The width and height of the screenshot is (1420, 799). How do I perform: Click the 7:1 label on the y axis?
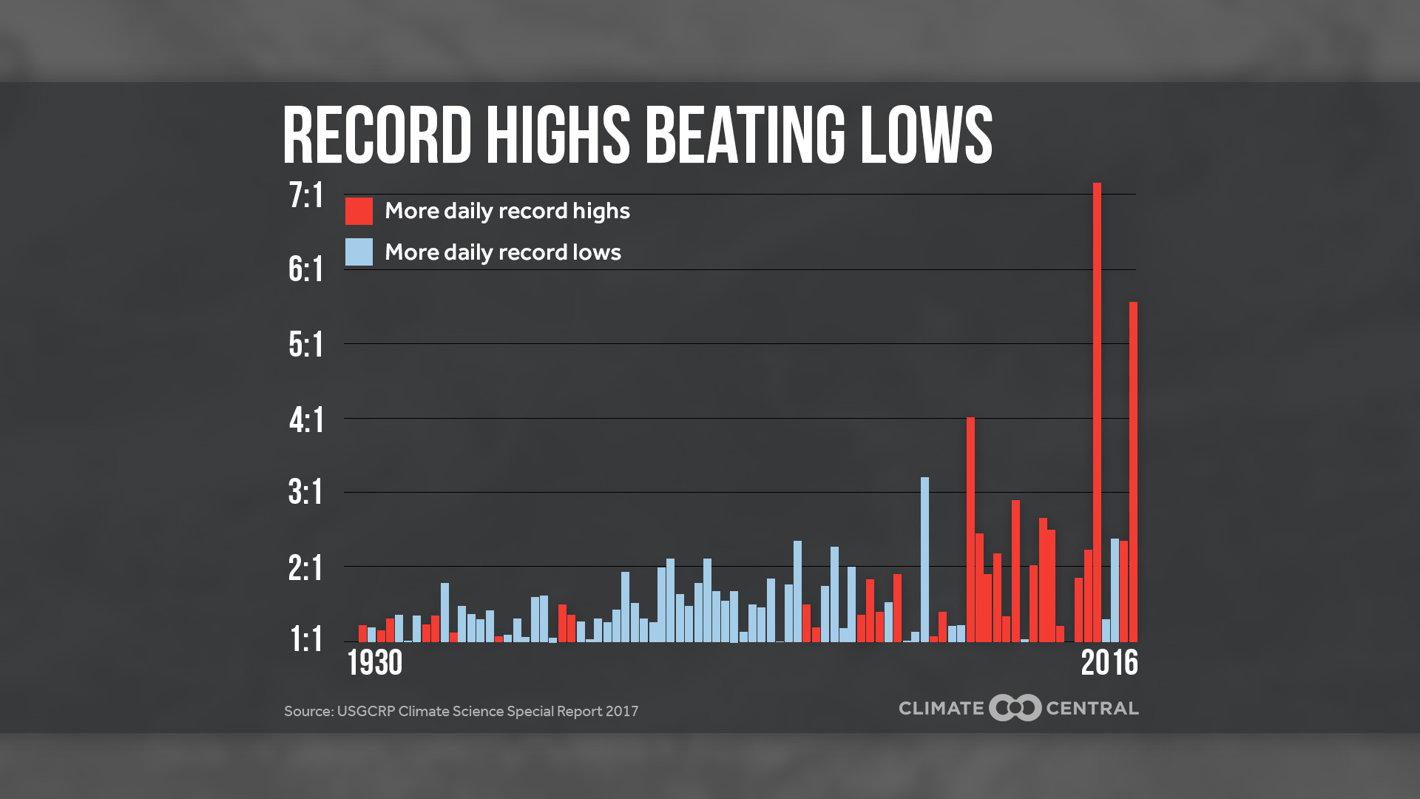click(306, 196)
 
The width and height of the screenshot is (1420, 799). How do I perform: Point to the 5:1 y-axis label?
click(306, 345)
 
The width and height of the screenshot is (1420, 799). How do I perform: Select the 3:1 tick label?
click(306, 493)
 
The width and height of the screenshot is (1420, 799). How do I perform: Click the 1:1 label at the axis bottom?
click(306, 640)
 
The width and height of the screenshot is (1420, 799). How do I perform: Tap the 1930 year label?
click(375, 663)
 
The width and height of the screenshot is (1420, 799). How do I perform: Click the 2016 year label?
click(1109, 663)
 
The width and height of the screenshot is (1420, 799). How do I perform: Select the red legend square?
click(359, 211)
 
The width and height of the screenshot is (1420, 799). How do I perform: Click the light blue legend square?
click(359, 252)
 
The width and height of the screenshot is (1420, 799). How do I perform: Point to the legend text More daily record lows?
click(503, 252)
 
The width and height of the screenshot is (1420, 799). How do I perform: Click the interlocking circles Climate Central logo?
click(1015, 708)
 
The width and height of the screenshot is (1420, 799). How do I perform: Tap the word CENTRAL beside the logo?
click(1092, 709)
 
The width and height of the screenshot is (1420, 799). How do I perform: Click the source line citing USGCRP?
click(461, 711)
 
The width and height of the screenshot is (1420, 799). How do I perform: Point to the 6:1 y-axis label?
click(306, 270)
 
